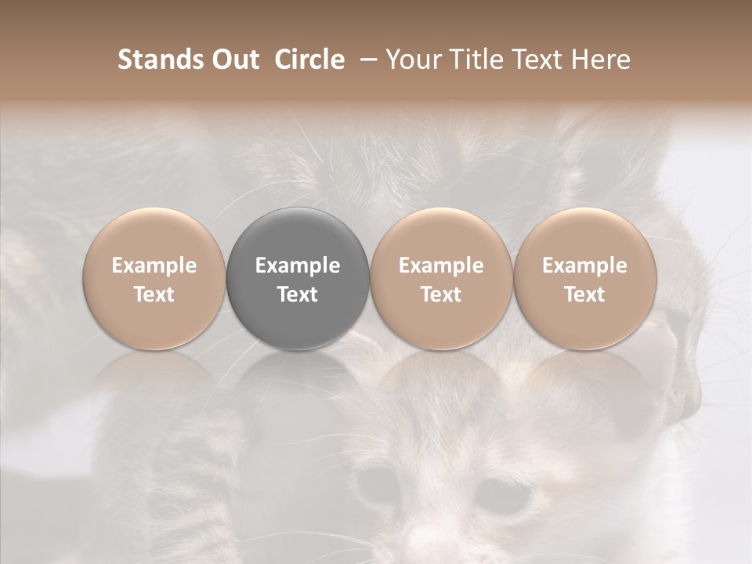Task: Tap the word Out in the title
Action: click(x=233, y=60)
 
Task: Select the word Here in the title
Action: click(x=601, y=60)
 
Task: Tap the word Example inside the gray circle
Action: click(x=298, y=266)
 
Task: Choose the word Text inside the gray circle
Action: click(x=298, y=295)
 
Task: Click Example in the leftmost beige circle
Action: click(x=154, y=266)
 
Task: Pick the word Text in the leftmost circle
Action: click(x=154, y=295)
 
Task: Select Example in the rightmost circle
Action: click(x=584, y=266)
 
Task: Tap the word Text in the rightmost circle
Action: click(x=584, y=295)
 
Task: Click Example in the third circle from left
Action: click(x=441, y=266)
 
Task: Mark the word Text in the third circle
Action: click(x=441, y=295)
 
